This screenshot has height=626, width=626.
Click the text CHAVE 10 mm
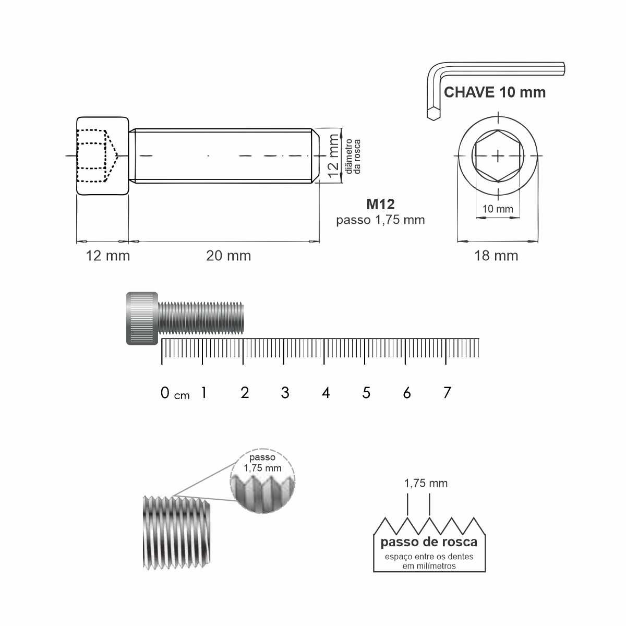pyautogui.click(x=495, y=92)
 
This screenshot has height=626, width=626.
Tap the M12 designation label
pyautogui.click(x=380, y=204)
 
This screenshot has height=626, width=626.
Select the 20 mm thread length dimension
pyautogui.click(x=228, y=256)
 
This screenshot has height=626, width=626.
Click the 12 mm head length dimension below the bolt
pyautogui.click(x=108, y=256)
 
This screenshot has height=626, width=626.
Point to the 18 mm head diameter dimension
pyautogui.click(x=496, y=256)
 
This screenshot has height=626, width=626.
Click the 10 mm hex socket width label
pyautogui.click(x=497, y=209)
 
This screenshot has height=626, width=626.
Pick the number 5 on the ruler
pyautogui.click(x=366, y=393)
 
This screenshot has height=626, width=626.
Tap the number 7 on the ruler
pyautogui.click(x=447, y=393)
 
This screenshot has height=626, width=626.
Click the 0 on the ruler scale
pyautogui.click(x=165, y=393)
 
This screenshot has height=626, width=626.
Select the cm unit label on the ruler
pyautogui.click(x=182, y=395)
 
